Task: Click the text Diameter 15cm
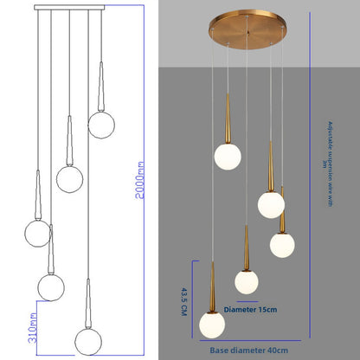tap(252, 308)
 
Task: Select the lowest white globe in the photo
tap(212, 325)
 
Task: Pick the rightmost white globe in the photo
tap(283, 244)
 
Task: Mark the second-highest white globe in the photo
tap(271, 204)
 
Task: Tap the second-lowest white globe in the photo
tap(248, 282)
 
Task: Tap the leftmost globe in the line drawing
tap(38, 232)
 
